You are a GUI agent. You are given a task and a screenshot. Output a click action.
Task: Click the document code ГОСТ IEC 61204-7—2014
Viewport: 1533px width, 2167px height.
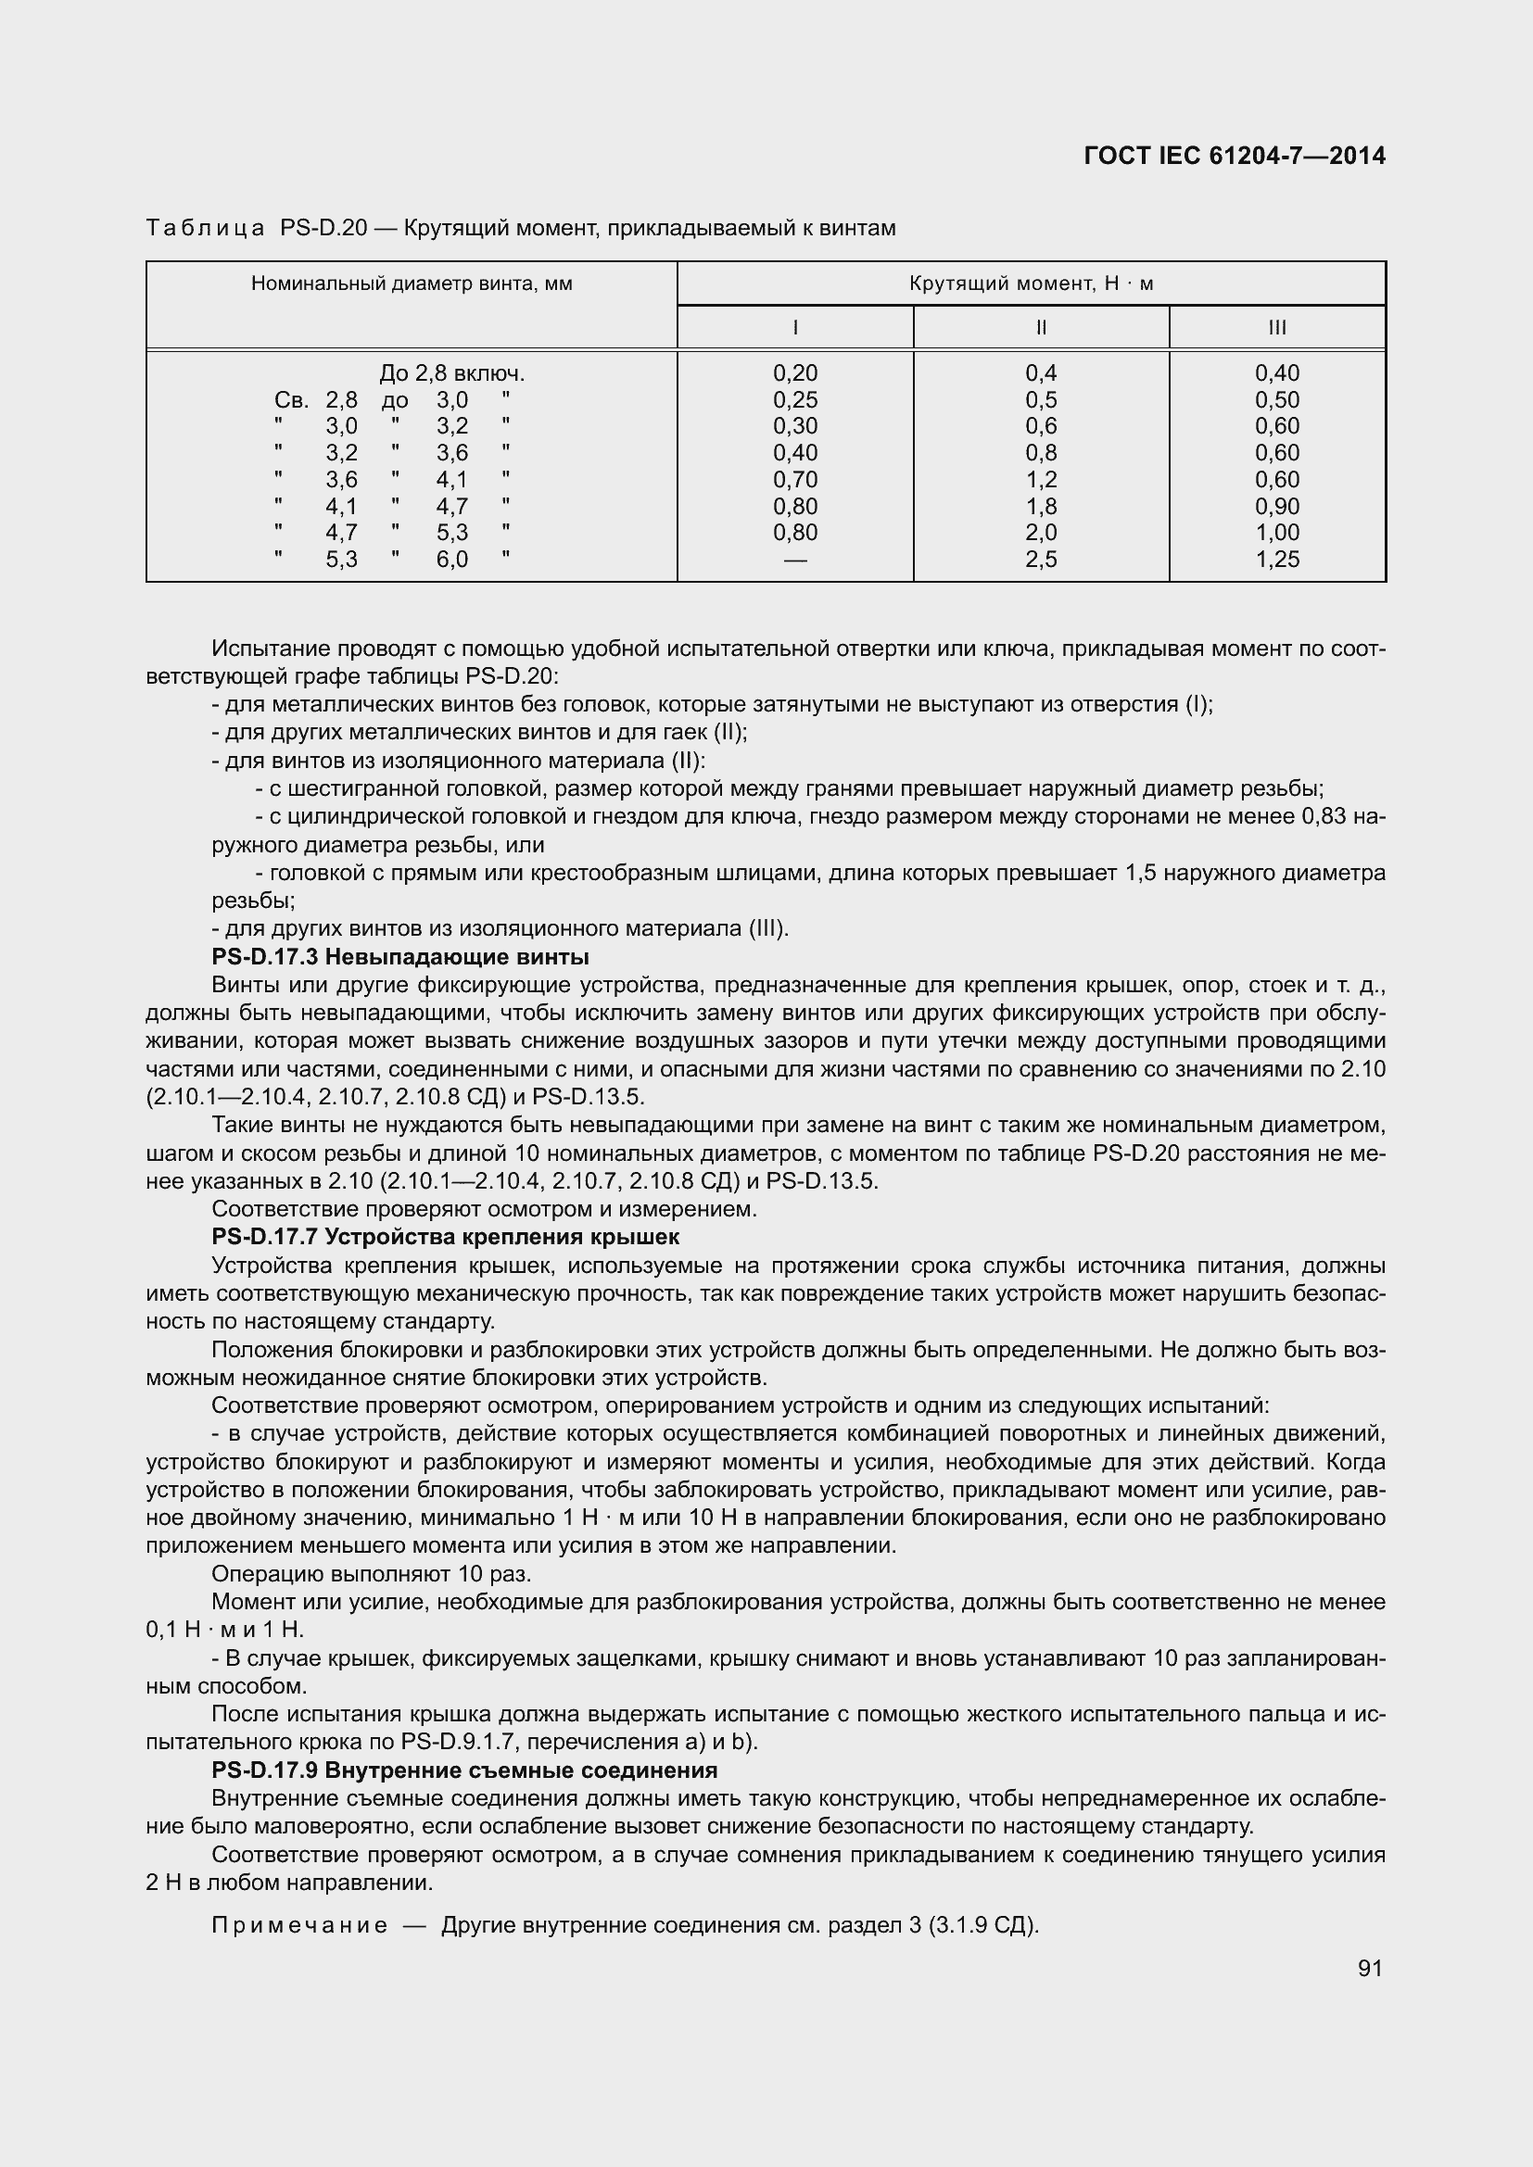pyautogui.click(x=1235, y=156)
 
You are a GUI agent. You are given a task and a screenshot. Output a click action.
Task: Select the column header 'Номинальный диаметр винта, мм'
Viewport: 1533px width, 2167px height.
pyautogui.click(x=412, y=284)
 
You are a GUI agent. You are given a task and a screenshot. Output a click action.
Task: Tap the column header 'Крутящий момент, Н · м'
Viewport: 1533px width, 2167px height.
pyautogui.click(x=1031, y=284)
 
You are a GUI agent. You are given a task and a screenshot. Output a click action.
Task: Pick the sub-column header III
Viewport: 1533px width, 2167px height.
pyautogui.click(x=1276, y=327)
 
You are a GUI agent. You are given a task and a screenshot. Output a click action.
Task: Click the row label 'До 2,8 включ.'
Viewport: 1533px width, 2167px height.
pyautogui.click(x=451, y=373)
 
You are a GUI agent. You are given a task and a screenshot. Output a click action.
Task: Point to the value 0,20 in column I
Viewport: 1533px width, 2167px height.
pyautogui.click(x=795, y=373)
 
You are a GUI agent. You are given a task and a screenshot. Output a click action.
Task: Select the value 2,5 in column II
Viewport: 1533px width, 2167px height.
pyautogui.click(x=1040, y=560)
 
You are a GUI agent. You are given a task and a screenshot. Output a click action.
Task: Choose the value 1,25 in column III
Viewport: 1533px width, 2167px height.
pyautogui.click(x=1276, y=560)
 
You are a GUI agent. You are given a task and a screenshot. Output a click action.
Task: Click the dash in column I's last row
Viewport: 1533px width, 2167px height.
pyautogui.click(x=795, y=560)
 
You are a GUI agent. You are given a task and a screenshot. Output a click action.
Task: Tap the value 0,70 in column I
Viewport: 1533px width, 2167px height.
pyautogui.click(x=795, y=480)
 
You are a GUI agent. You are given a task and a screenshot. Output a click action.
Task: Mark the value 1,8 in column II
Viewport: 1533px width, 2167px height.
pyautogui.click(x=1040, y=507)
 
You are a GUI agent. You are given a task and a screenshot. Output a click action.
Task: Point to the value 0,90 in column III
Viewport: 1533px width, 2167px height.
pyautogui.click(x=1276, y=507)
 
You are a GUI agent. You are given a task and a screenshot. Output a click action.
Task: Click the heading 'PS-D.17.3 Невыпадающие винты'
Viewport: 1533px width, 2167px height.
pyautogui.click(x=400, y=957)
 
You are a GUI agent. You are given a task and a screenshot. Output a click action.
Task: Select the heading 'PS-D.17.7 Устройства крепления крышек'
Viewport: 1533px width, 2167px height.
pyautogui.click(x=446, y=1237)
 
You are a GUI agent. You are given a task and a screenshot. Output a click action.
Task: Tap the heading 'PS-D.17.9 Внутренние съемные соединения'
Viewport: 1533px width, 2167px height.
pyautogui.click(x=464, y=1770)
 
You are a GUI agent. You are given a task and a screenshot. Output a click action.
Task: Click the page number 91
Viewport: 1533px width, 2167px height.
pyautogui.click(x=1370, y=1968)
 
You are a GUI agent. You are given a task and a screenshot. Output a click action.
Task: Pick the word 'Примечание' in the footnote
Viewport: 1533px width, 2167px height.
pyautogui.click(x=299, y=1925)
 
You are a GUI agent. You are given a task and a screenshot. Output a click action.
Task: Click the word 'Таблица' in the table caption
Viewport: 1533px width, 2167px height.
pyautogui.click(x=205, y=229)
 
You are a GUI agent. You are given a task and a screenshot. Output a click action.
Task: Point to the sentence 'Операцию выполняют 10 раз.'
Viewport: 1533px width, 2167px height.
pyautogui.click(x=371, y=1574)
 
